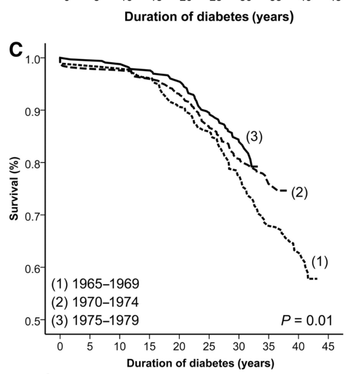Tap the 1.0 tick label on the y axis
point(32,58)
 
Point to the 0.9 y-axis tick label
point(32,111)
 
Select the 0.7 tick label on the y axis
point(32,215)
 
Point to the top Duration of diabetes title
point(209,18)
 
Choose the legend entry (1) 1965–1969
point(96,283)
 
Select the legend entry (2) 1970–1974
point(96,302)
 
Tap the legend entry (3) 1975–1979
point(96,320)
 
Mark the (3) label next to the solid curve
point(254,138)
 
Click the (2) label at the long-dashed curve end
point(299,192)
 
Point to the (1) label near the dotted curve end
point(319,262)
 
